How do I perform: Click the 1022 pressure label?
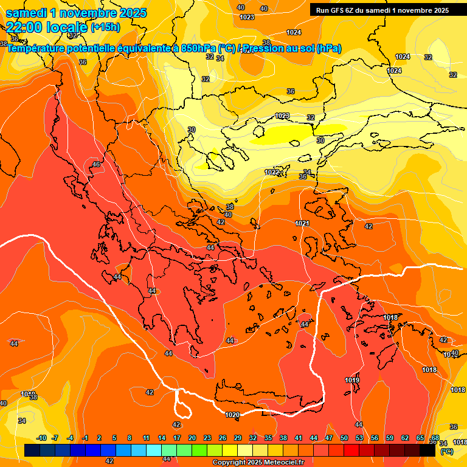[272, 172]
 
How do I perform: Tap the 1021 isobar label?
[302, 224]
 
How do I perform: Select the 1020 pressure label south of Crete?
[232, 415]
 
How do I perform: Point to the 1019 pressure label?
[352, 380]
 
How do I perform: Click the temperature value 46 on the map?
[95, 165]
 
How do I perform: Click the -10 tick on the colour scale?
[42, 438]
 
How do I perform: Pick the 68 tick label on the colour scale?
[435, 438]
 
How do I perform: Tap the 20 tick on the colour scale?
[192, 438]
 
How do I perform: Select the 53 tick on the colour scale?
[359, 438]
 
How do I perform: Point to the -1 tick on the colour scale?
[85, 438]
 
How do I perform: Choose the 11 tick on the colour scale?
[147, 438]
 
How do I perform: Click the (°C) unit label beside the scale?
[446, 451]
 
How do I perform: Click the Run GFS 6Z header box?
[382, 10]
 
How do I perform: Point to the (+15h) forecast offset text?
[105, 27]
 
